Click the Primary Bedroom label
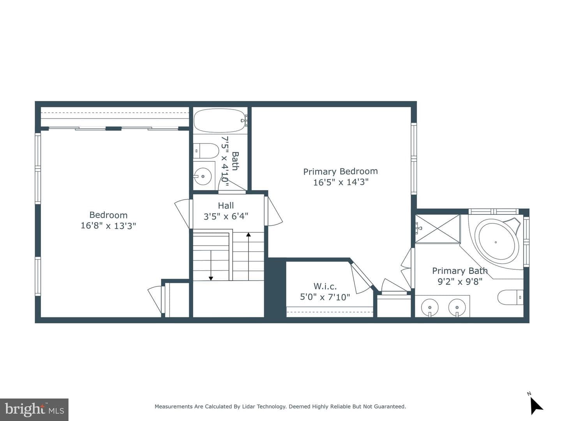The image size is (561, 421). tap(340, 171)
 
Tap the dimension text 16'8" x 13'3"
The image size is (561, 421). tap(108, 226)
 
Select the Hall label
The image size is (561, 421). tap(226, 205)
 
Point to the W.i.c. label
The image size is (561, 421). tap(325, 286)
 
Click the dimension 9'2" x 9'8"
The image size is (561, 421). tap(460, 281)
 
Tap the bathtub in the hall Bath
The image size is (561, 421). tap(219, 120)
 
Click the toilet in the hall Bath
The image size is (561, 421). tap(205, 150)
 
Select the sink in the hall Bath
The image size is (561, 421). tap(202, 176)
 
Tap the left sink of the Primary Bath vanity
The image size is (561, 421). tap(430, 308)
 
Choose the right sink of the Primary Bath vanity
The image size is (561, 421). tap(457, 308)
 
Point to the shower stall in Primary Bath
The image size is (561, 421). tap(437, 228)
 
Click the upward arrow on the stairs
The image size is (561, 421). tap(249, 256)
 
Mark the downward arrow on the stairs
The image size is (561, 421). tap(211, 265)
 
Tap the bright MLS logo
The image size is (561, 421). tap(34, 410)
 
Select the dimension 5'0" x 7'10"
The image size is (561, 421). tap(325, 297)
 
